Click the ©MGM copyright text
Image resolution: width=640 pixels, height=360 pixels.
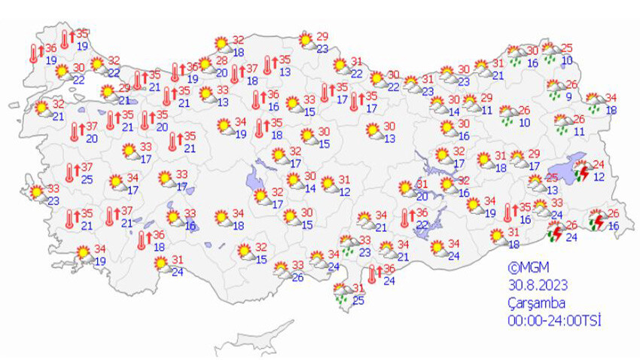[524, 267]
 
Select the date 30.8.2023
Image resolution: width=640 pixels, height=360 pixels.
[537, 285]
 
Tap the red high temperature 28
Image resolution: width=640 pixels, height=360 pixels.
[222, 61]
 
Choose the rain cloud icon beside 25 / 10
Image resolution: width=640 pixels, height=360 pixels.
[551, 54]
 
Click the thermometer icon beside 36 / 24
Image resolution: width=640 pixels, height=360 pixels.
[372, 275]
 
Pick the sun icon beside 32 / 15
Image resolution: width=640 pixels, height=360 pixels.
[244, 251]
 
